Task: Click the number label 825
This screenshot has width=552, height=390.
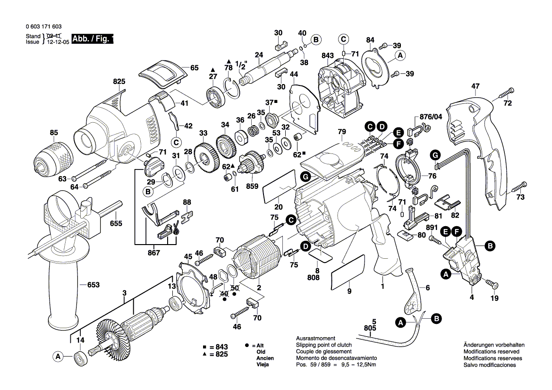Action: click(x=119, y=82)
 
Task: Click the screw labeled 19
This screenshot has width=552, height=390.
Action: click(x=492, y=285)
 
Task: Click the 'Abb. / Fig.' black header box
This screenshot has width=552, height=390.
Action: click(x=93, y=39)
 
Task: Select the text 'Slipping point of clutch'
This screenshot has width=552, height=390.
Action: click(x=323, y=345)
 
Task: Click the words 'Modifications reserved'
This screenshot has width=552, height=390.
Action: click(x=491, y=352)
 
